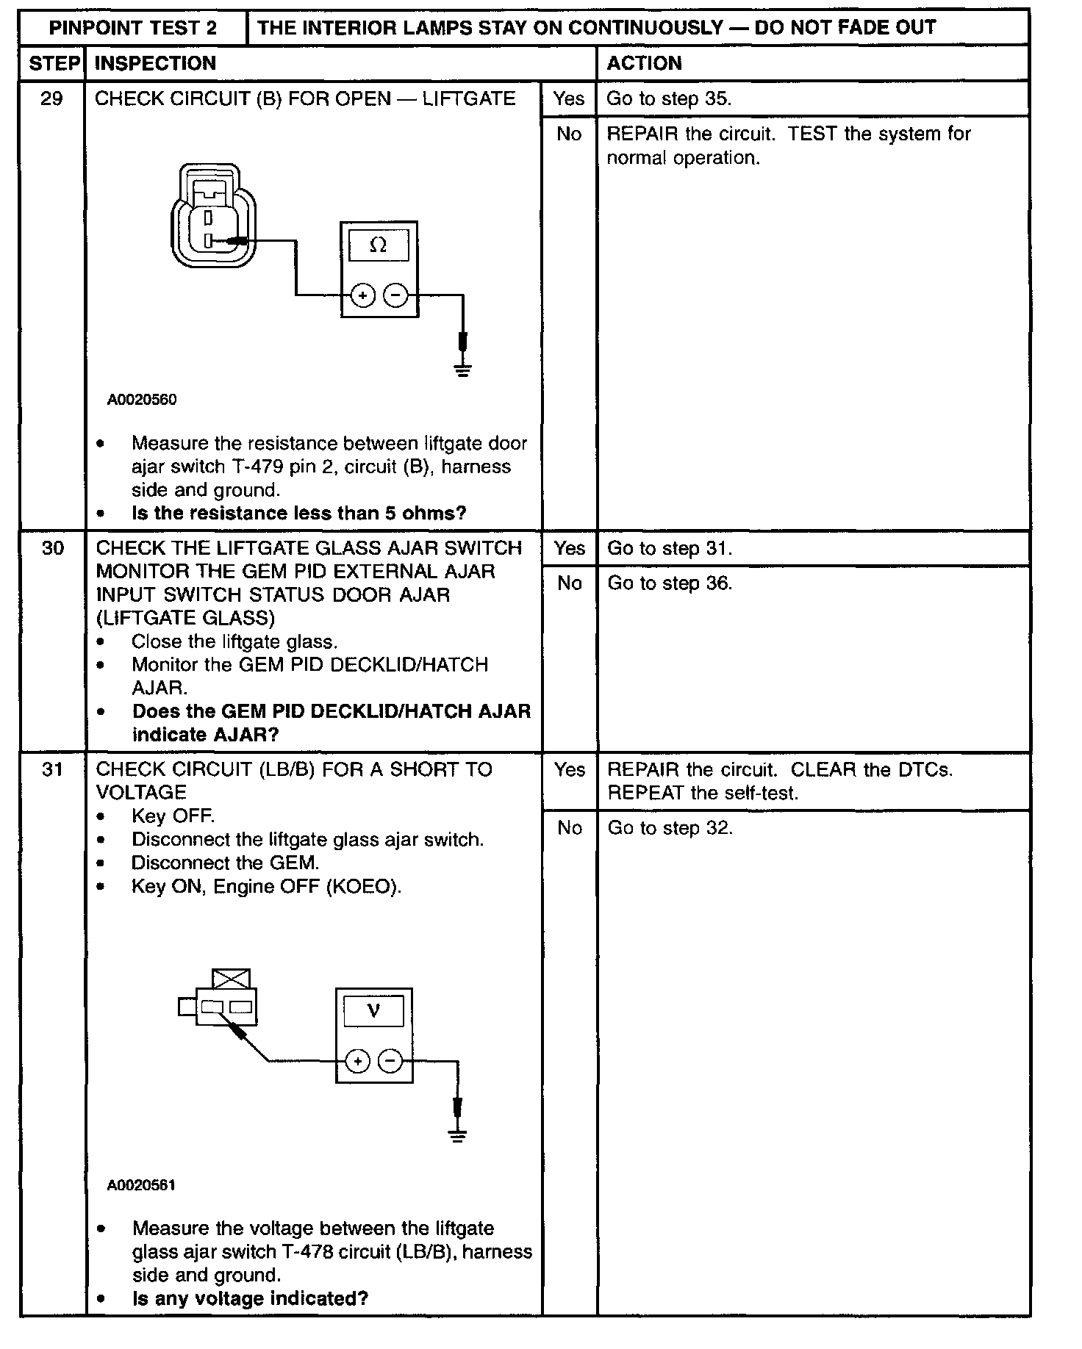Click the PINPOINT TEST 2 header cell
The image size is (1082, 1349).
coord(133,28)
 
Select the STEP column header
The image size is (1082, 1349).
coord(53,63)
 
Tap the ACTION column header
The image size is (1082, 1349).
coord(644,63)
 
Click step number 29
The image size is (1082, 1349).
coord(51,98)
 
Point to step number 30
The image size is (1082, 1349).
coord(52,548)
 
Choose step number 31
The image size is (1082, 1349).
coord(52,769)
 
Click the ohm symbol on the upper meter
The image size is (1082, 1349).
coord(379,245)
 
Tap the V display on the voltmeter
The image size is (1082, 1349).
coord(373,1012)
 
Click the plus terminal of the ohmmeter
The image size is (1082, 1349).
coord(363,295)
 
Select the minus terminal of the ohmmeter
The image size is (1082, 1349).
coord(396,295)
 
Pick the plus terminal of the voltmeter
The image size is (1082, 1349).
coord(357,1062)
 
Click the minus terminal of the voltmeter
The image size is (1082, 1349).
coord(390,1062)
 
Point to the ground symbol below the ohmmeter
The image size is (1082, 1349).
coord(462,370)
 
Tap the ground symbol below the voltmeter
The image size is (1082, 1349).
coord(457,1136)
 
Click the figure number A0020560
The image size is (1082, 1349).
coord(142,400)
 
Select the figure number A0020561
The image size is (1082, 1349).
coord(141,1185)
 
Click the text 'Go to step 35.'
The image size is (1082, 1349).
coord(669,98)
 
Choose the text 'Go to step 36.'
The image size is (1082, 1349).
coord(670,583)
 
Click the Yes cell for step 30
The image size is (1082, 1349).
coord(570,548)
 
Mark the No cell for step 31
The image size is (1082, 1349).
coord(570,828)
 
